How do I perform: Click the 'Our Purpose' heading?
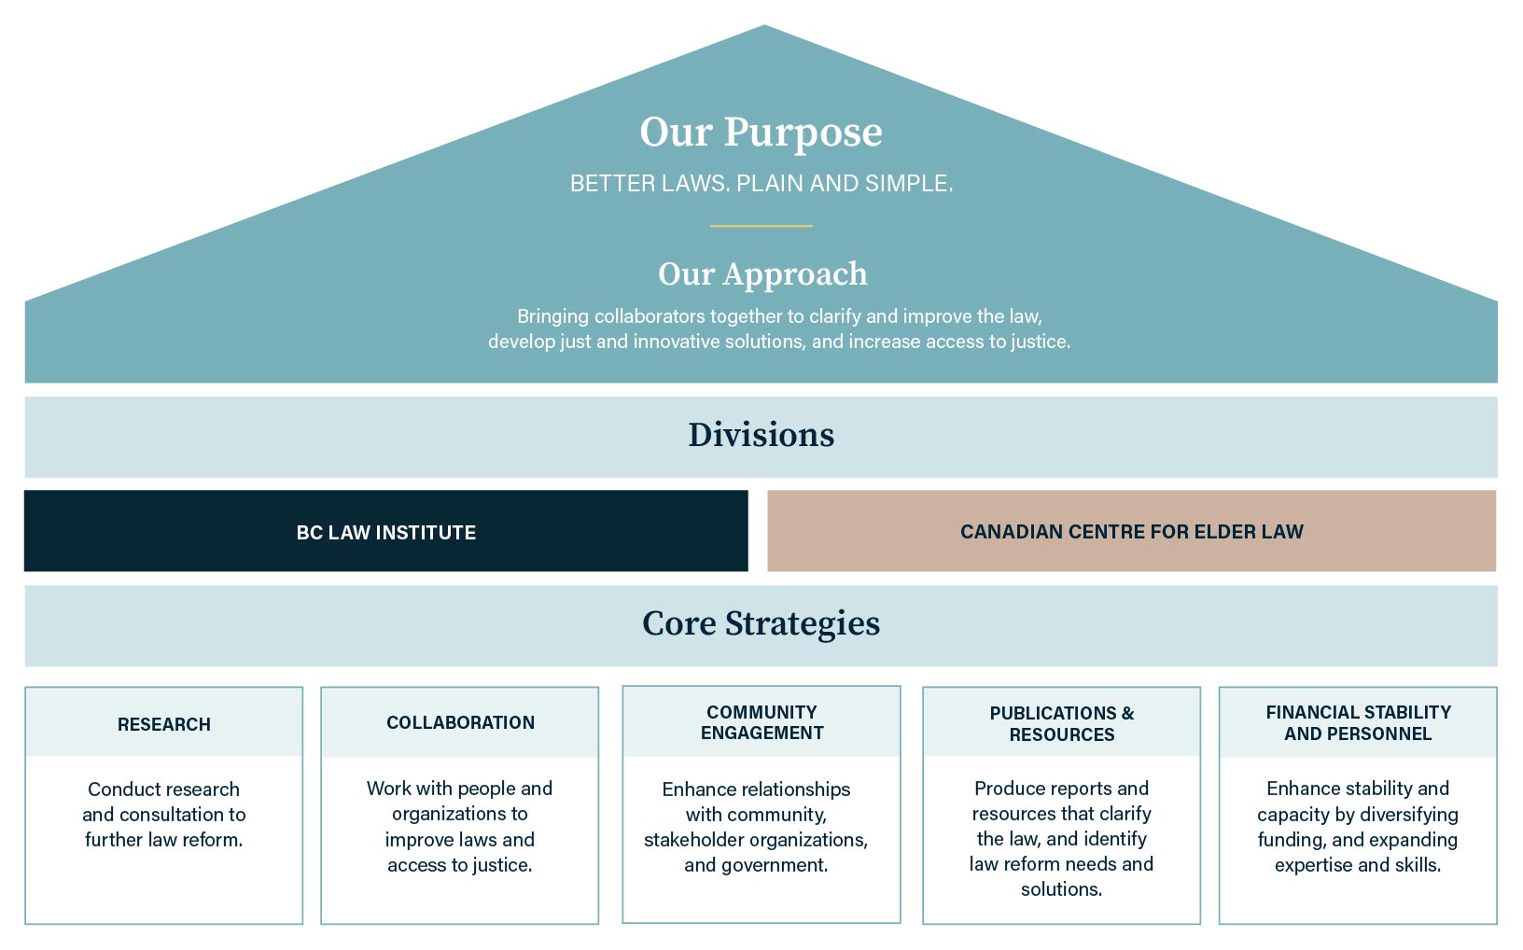(x=761, y=133)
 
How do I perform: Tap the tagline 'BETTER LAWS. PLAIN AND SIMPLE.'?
(x=761, y=184)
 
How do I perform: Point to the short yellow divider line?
(x=761, y=226)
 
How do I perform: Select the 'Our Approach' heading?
(x=762, y=274)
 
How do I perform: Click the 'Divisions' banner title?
(x=761, y=435)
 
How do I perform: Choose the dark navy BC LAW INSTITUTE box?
(x=385, y=532)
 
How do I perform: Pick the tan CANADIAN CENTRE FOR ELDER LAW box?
(x=1131, y=532)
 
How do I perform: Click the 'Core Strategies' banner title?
(x=761, y=623)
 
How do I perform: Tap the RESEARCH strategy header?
(x=164, y=724)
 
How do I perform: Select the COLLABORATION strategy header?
(x=460, y=722)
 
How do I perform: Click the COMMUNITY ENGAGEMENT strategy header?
(x=761, y=722)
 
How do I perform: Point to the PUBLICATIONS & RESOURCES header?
(x=1061, y=723)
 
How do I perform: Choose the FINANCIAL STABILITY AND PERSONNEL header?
(x=1358, y=722)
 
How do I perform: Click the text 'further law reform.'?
(x=163, y=840)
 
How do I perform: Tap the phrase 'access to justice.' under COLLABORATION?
(x=460, y=865)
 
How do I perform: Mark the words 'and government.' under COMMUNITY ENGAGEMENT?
(x=756, y=865)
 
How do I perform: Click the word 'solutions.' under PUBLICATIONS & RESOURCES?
(x=1061, y=889)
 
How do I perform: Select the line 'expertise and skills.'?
(x=1358, y=865)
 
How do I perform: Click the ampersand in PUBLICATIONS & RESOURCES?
(x=1127, y=713)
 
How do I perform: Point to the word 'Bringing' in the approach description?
(x=553, y=316)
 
